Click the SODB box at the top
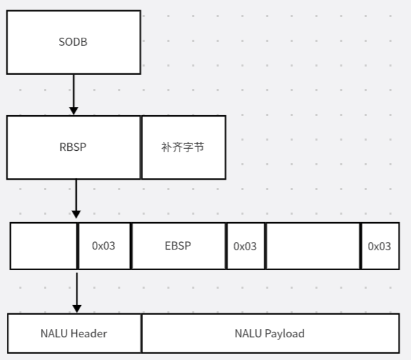pyautogui.click(x=73, y=42)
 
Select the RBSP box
pyautogui.click(x=73, y=147)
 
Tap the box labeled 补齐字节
pyautogui.click(x=184, y=147)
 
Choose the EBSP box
pyautogui.click(x=178, y=245)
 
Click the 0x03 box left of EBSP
pyautogui.click(x=104, y=245)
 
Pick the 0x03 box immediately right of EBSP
pyautogui.click(x=245, y=245)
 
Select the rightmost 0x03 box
pyautogui.click(x=379, y=245)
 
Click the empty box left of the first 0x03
pyautogui.click(x=44, y=245)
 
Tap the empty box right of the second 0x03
pyautogui.click(x=312, y=245)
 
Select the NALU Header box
pyautogui.click(x=73, y=333)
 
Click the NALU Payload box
pyautogui.click(x=270, y=333)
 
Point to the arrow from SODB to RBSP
pyautogui.click(x=73, y=93)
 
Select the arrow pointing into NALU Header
pyautogui.click(x=76, y=291)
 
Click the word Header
pyautogui.click(x=88, y=333)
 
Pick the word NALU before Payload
pyautogui.click(x=250, y=333)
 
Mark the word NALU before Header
pyautogui.click(x=54, y=333)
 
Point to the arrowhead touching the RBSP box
pyautogui.click(x=73, y=110)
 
